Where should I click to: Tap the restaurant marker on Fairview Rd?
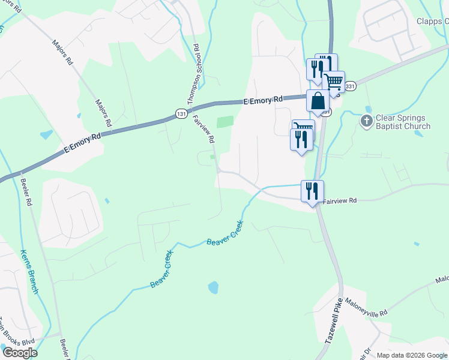pos(312,191)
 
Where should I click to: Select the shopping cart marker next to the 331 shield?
pos(334,81)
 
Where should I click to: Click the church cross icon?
pos(367,122)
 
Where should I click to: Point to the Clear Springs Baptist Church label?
pos(403,122)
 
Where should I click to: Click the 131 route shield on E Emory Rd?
pos(181,113)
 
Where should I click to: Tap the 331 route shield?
pos(351,86)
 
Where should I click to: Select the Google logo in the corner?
pos(20,353)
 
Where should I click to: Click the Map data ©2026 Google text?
pos(411,355)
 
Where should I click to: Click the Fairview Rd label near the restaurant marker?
pos(340,201)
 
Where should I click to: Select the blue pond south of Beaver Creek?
pos(213,287)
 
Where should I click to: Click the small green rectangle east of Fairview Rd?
pos(224,122)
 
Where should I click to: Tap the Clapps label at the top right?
pos(433,22)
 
